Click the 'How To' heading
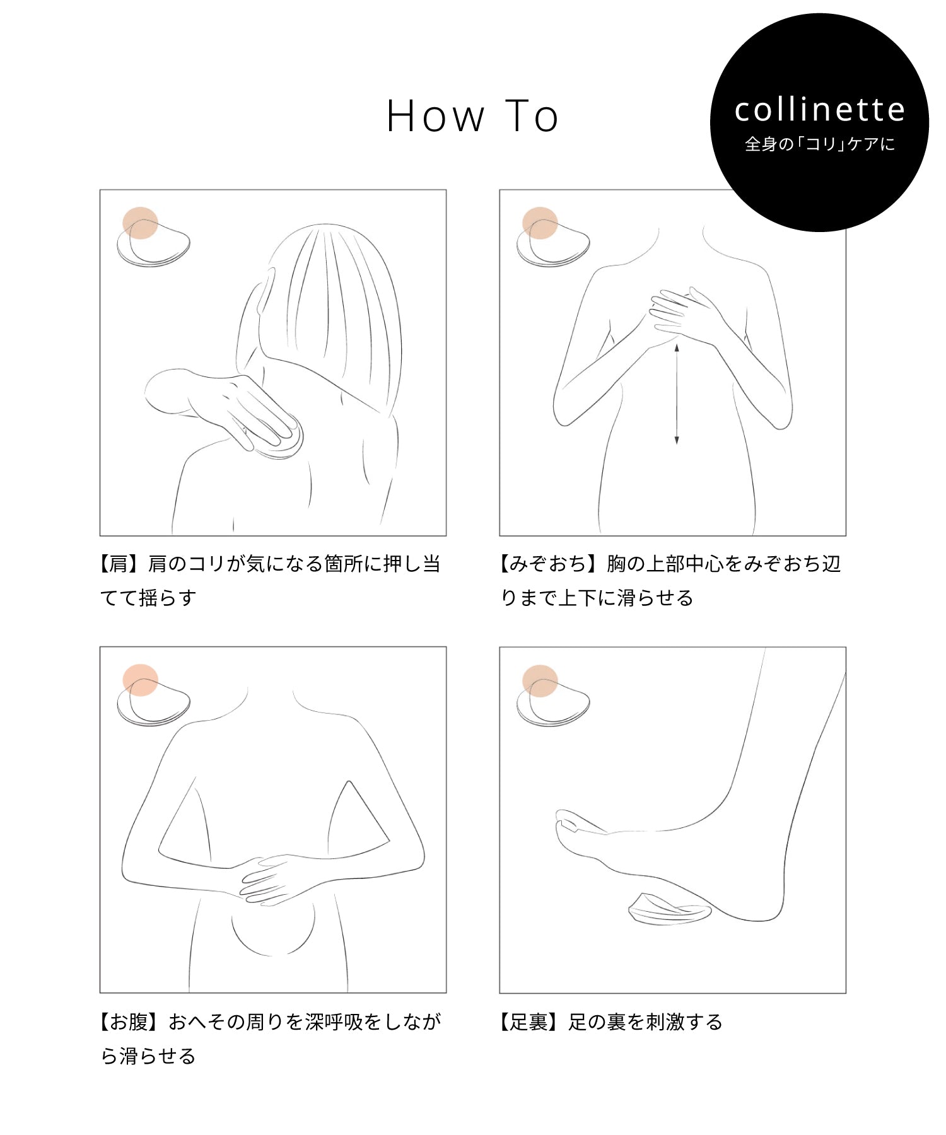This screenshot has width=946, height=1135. pyautogui.click(x=472, y=116)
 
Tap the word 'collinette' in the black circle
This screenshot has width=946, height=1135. pyautogui.click(x=820, y=110)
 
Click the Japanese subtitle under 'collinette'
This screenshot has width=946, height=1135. pyautogui.click(x=820, y=144)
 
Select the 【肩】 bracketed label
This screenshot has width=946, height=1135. pyautogui.click(x=120, y=563)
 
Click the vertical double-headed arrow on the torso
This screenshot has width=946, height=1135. pyautogui.click(x=677, y=394)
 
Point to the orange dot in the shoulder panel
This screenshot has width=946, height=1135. pyautogui.click(x=140, y=223)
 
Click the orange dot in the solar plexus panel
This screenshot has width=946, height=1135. pyautogui.click(x=540, y=223)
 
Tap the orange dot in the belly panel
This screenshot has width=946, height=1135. pyautogui.click(x=140, y=680)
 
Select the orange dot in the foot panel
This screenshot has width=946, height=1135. pyautogui.click(x=540, y=680)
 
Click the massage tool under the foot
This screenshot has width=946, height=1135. pyautogui.click(x=670, y=909)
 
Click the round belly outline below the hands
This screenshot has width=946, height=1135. pyautogui.click(x=272, y=953)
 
